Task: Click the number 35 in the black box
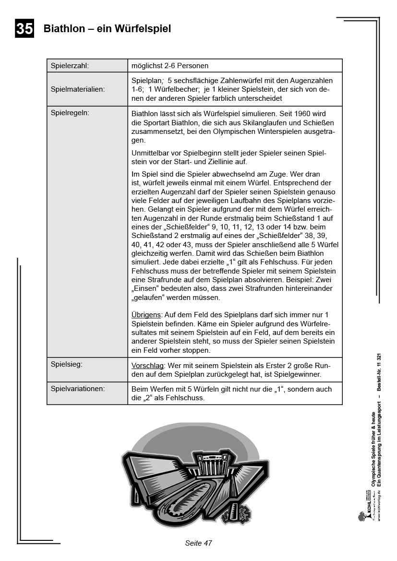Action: tap(24, 29)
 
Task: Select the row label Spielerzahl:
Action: tap(70, 65)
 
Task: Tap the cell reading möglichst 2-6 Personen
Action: tap(170, 65)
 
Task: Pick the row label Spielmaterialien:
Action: tap(77, 89)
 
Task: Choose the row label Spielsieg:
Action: tap(67, 364)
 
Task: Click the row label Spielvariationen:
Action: tap(78, 388)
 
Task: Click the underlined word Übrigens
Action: tap(146, 314)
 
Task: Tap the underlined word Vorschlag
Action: tap(148, 366)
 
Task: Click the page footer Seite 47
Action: tap(198, 543)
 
